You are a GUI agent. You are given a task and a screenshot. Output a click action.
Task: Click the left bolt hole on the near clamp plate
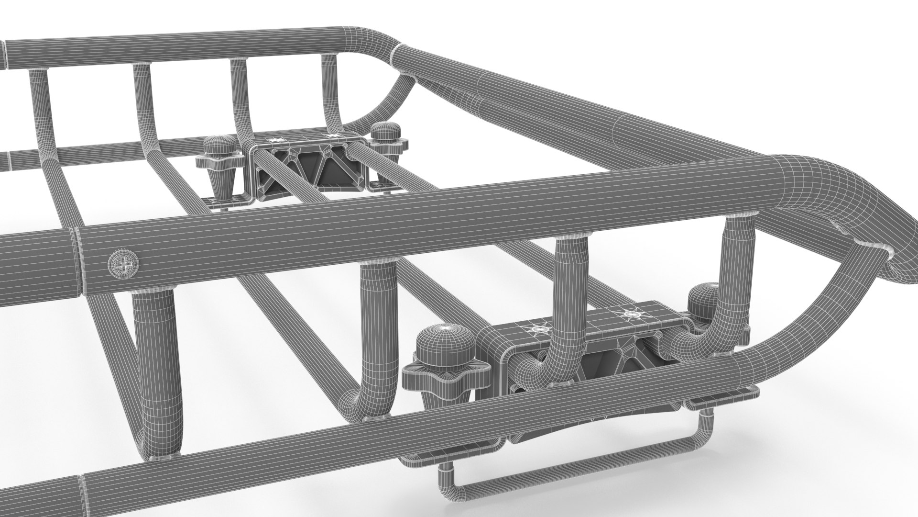tap(541, 329)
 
